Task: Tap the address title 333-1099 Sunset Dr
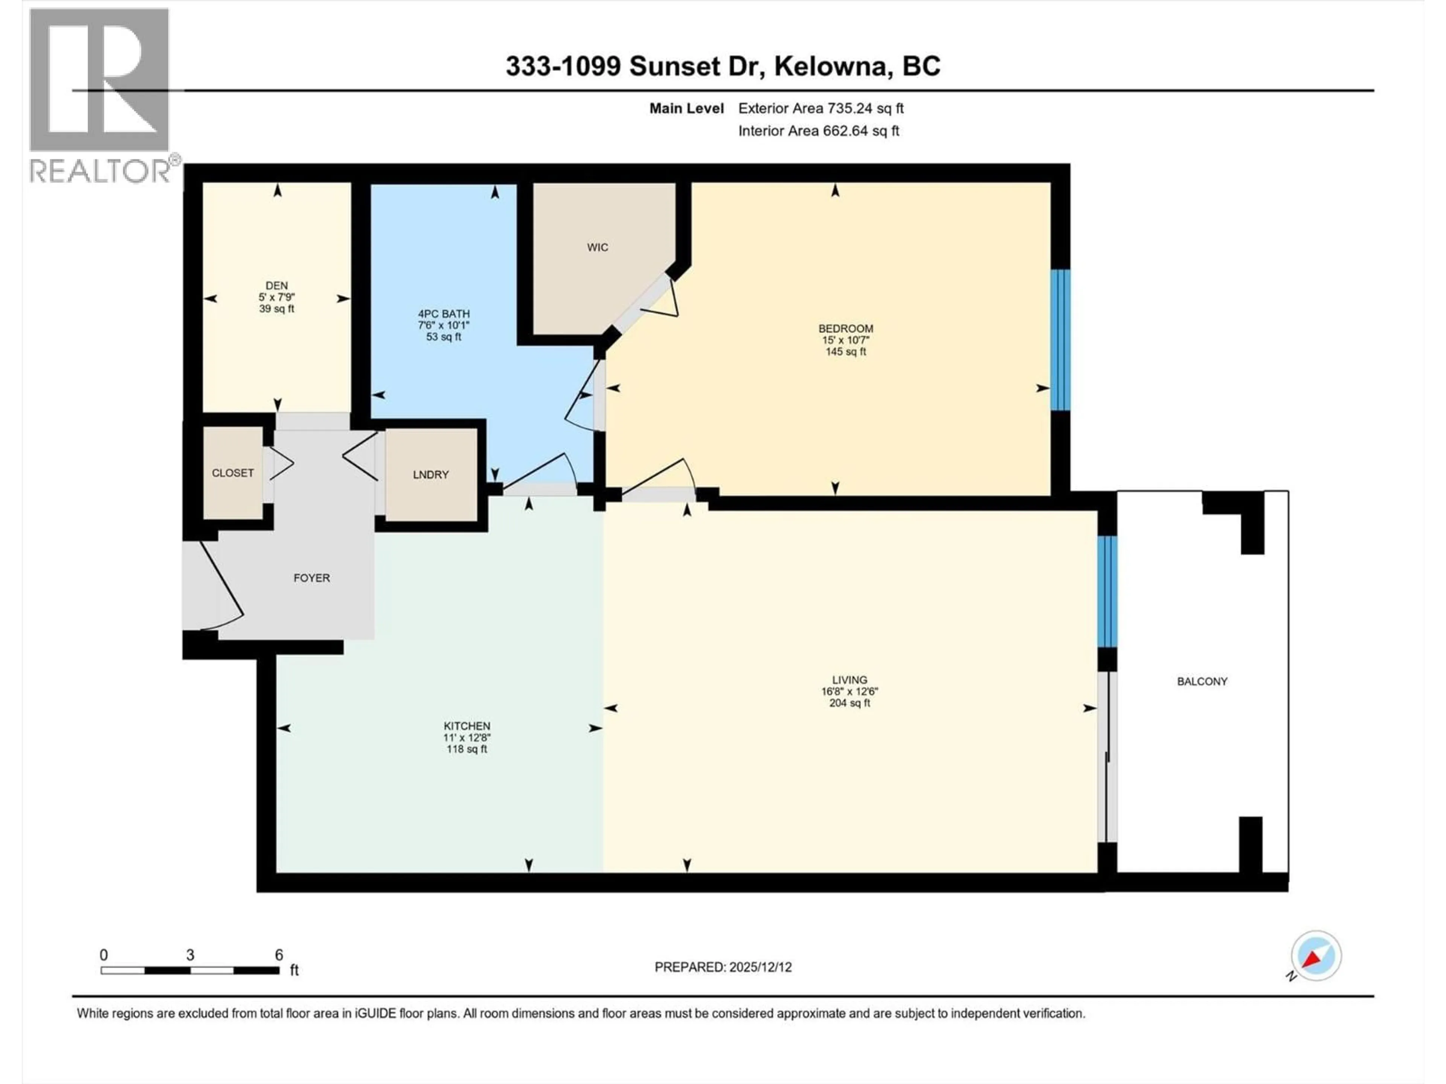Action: pos(722,66)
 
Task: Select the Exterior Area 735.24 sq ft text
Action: pos(821,108)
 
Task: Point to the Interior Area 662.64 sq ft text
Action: pos(818,131)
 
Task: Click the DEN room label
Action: pos(276,286)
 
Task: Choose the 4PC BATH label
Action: pos(444,314)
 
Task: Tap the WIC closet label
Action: pos(597,247)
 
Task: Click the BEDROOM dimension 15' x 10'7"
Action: pos(845,340)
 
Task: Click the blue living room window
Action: pos(1107,591)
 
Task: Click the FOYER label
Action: pos(312,578)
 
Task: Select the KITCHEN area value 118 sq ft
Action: pos(467,749)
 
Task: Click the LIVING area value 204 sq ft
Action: pos(849,703)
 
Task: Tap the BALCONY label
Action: pos(1202,682)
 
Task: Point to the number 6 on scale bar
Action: pos(279,955)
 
